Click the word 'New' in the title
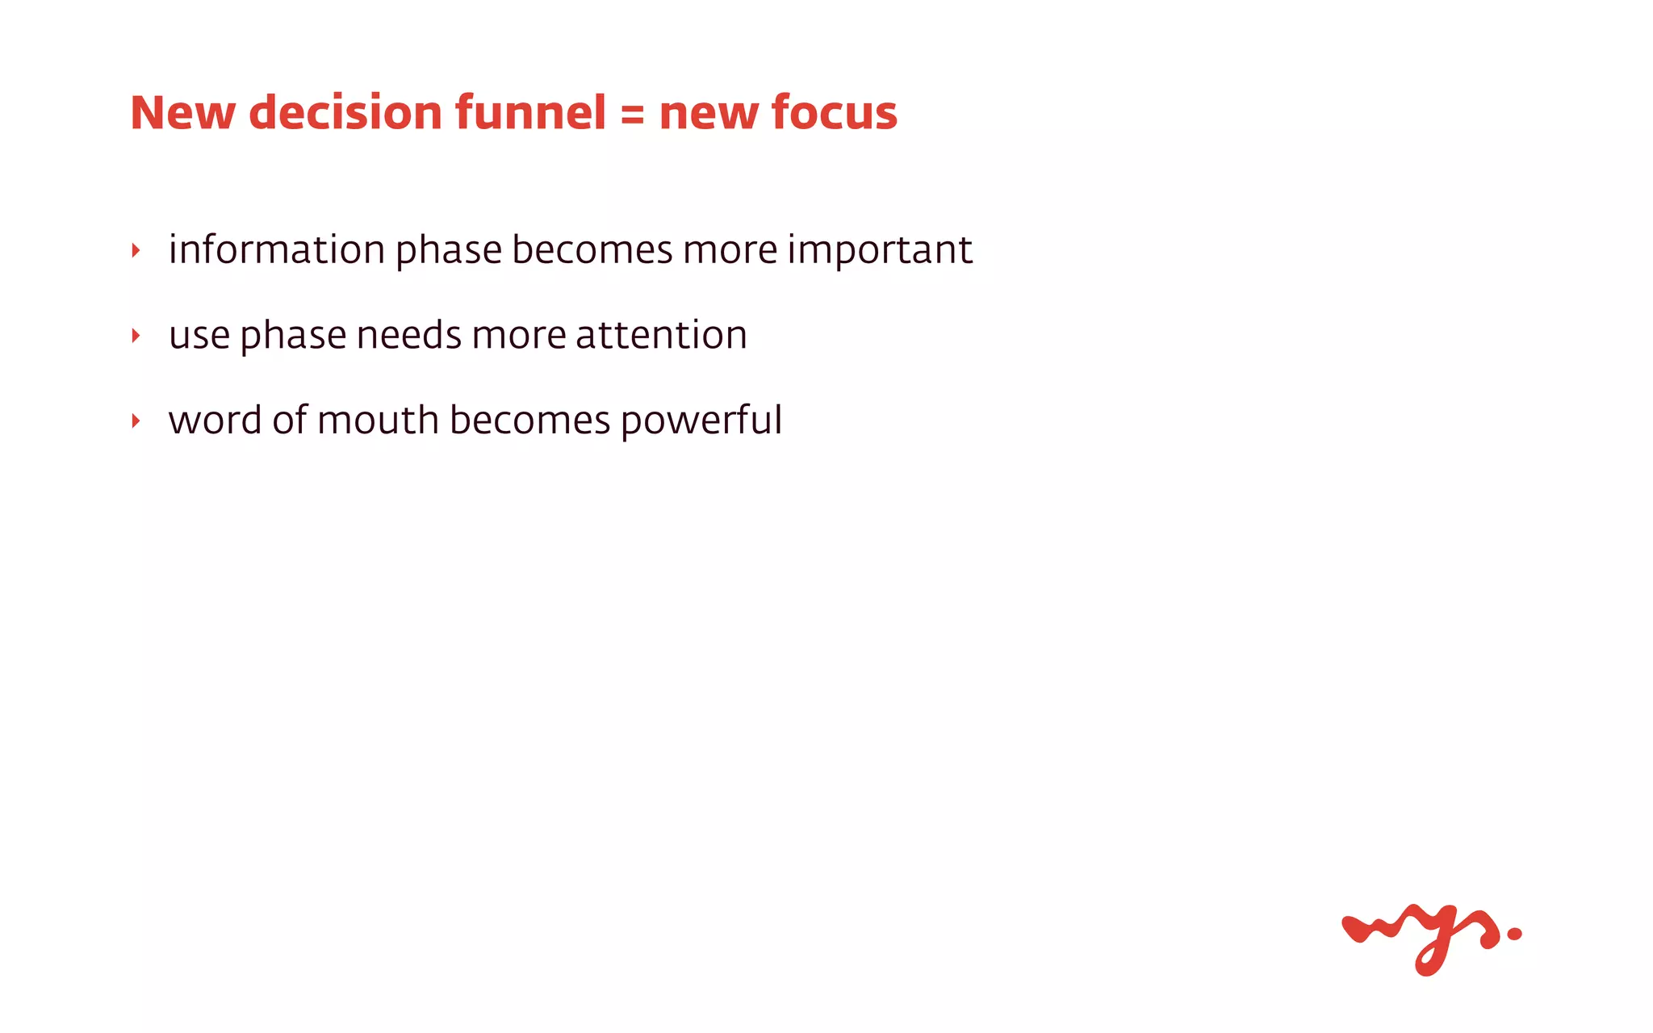pyautogui.click(x=182, y=113)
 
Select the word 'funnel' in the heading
pyautogui.click(x=529, y=113)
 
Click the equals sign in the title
pyautogui.click(x=633, y=115)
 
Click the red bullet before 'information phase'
pyautogui.click(x=136, y=250)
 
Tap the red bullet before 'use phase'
pyautogui.click(x=136, y=336)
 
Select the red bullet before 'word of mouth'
pyautogui.click(x=136, y=421)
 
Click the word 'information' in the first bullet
pyautogui.click(x=277, y=249)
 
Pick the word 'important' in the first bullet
pyautogui.click(x=880, y=251)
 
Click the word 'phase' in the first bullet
pyautogui.click(x=449, y=251)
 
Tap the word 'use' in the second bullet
pyautogui.click(x=199, y=336)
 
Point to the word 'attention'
pyautogui.click(x=661, y=335)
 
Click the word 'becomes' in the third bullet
pyautogui.click(x=529, y=420)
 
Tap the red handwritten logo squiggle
pyautogui.click(x=1421, y=936)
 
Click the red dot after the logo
pyautogui.click(x=1514, y=934)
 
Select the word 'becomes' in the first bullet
pyautogui.click(x=592, y=249)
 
